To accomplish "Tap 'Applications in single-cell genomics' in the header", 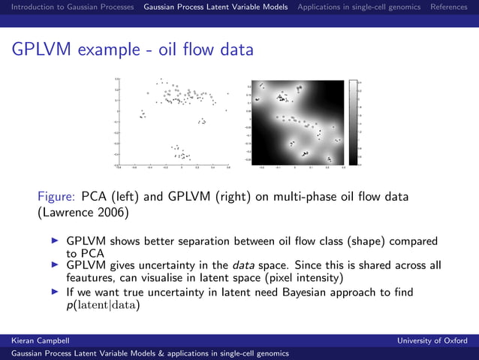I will tap(359, 7).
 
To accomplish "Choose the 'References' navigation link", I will tap(448, 7).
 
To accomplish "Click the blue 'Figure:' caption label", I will tap(56, 197).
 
